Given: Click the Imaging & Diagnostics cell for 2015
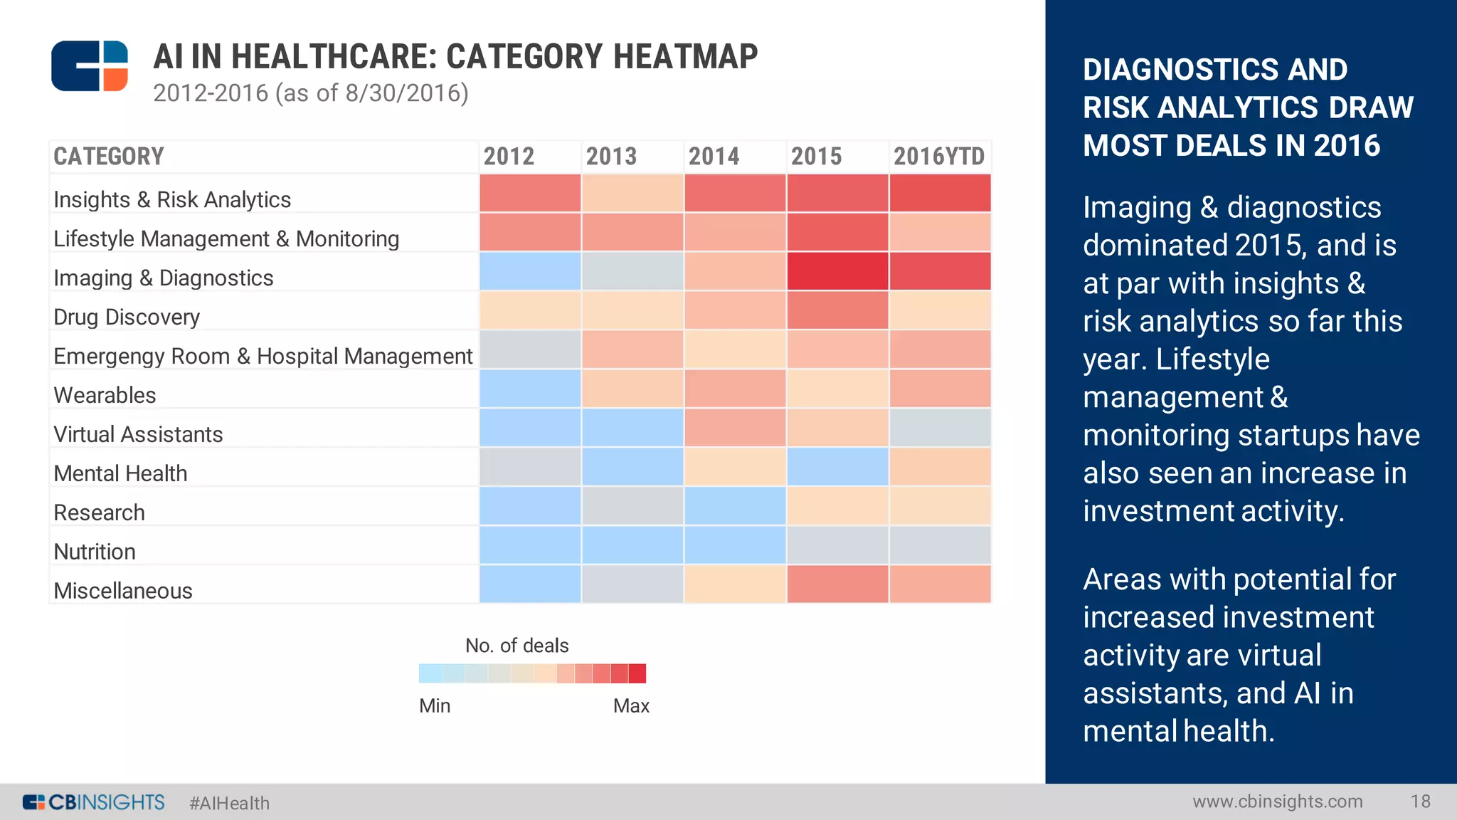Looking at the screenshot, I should (837, 271).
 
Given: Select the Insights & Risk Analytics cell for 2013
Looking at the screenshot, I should (632, 193).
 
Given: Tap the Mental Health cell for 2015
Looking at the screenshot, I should (837, 467).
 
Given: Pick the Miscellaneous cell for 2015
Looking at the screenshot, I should (837, 584).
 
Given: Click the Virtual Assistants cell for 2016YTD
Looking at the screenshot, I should (940, 428).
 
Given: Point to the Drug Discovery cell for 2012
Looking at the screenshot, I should (530, 310).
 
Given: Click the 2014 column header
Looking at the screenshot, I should (714, 157).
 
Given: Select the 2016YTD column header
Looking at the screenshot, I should (939, 157).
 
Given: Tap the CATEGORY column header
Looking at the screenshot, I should (109, 157).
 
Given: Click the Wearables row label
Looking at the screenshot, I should (105, 395).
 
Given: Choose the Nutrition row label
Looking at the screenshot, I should (95, 552).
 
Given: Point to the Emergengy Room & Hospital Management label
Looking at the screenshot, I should (263, 356).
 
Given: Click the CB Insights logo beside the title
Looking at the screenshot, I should (90, 66).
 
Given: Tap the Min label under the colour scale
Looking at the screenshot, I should (435, 705).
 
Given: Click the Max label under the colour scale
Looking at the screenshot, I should (631, 705).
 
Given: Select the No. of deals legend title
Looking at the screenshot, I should (516, 646).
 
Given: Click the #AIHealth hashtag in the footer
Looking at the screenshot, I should (229, 803).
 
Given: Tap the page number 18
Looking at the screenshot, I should (1420, 801).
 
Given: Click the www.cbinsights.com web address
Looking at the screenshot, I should (1278, 801).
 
